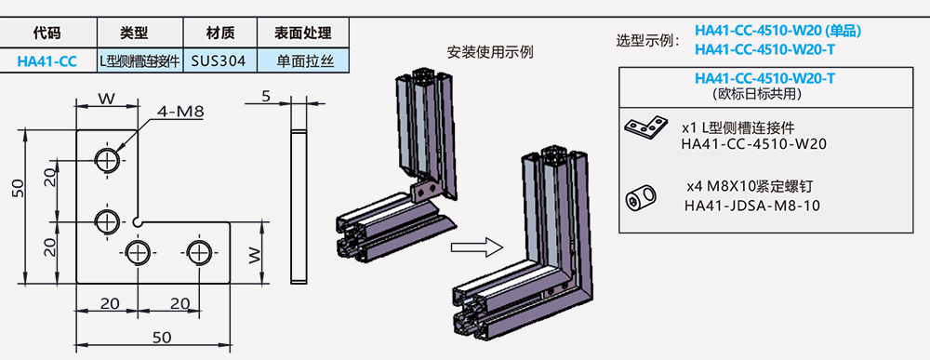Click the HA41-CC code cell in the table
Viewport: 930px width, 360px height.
46,61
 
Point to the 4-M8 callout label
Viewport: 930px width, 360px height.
180,112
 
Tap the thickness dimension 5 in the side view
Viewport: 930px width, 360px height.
266,96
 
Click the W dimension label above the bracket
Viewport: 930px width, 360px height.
107,97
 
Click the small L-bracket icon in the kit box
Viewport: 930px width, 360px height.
647,127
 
